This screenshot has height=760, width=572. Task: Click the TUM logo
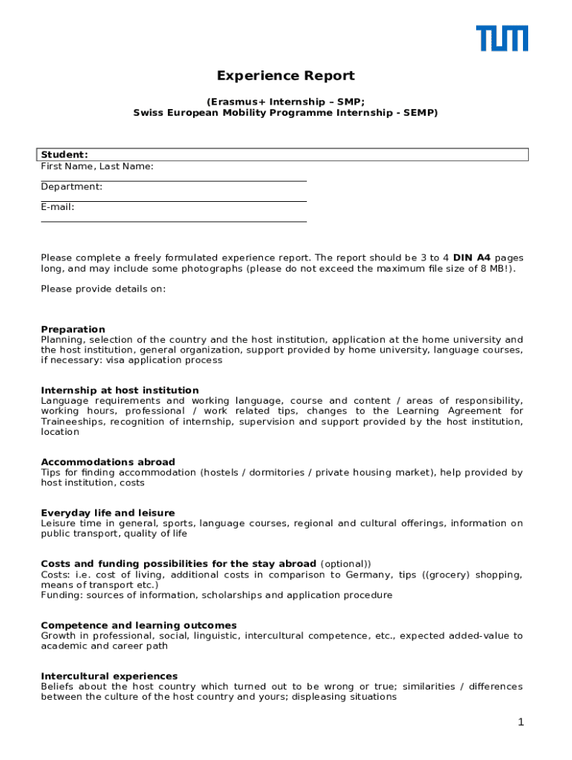(502, 39)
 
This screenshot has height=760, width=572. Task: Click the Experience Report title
(285, 76)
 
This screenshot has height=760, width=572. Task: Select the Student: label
(65, 154)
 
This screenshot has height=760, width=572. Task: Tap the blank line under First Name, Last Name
(173, 180)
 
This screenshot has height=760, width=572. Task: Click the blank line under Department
(173, 200)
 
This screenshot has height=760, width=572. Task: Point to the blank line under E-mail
(173, 220)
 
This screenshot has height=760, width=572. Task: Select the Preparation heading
(73, 330)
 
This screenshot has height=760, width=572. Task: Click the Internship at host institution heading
(120, 390)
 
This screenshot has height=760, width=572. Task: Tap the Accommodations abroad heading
(108, 462)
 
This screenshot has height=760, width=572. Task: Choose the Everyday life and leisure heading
(108, 513)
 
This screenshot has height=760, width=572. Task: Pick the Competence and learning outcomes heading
(139, 626)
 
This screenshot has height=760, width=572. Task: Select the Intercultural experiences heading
(109, 676)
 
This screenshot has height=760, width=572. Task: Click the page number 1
(521, 722)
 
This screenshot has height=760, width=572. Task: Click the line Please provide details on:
(103, 289)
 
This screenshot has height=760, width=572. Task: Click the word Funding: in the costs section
(62, 595)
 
